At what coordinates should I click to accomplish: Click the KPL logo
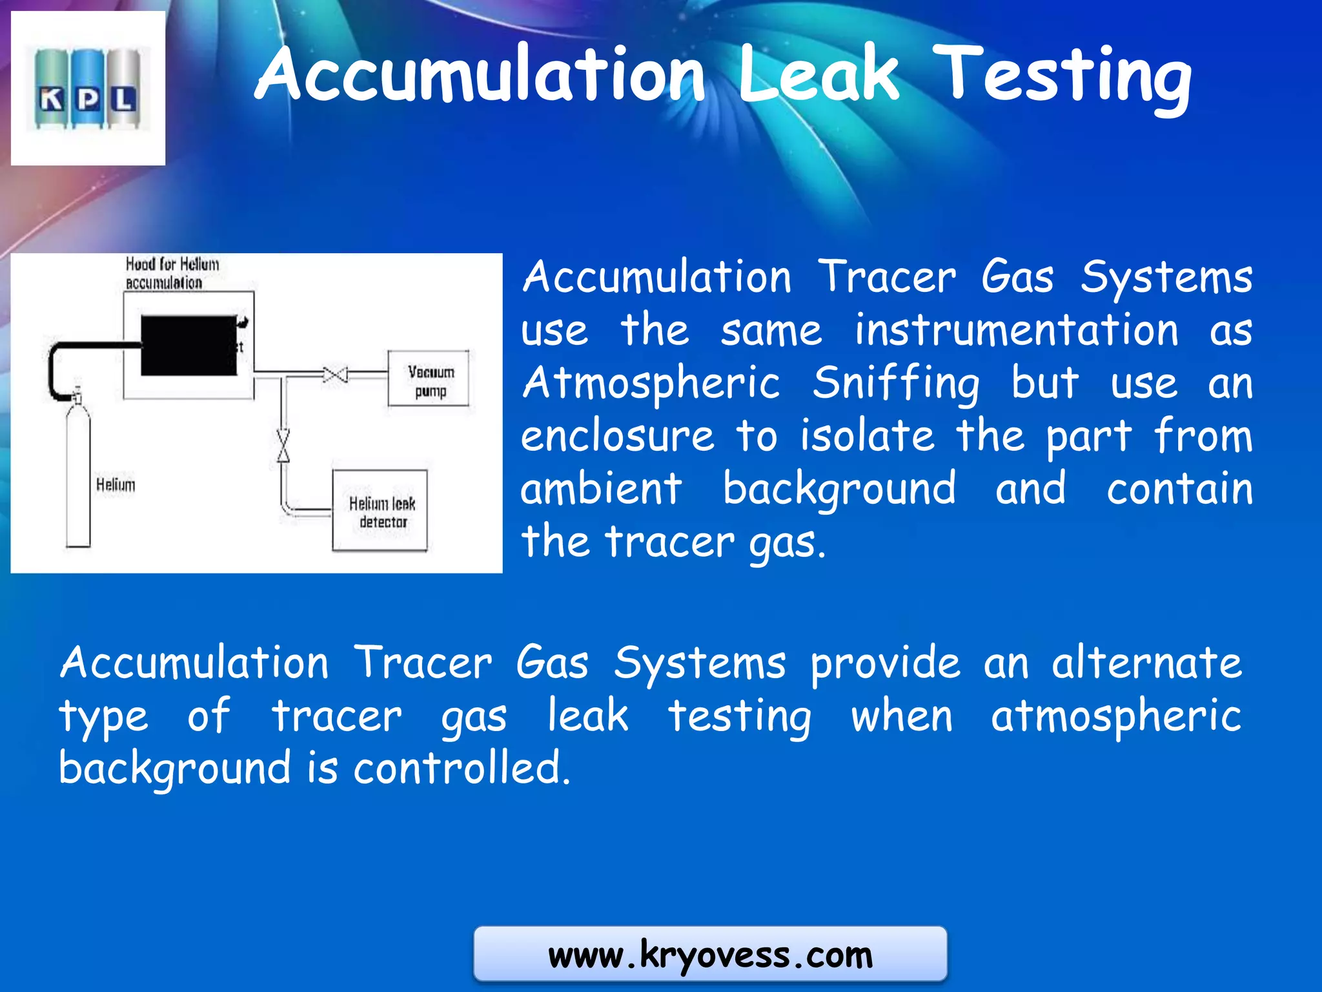(x=88, y=88)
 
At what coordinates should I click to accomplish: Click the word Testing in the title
(x=1062, y=76)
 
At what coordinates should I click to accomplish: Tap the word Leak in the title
(x=818, y=74)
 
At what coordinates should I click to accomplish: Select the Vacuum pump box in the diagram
(x=429, y=379)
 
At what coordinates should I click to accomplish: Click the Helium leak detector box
(x=380, y=511)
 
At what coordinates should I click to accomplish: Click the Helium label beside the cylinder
(x=116, y=484)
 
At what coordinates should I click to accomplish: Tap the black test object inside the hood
(x=188, y=346)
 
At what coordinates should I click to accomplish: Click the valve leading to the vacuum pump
(x=335, y=375)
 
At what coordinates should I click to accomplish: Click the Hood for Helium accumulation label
(x=172, y=273)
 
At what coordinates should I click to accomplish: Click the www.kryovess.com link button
(x=710, y=955)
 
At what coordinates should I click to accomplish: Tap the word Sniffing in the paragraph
(x=896, y=383)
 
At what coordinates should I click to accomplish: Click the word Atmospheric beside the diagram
(x=651, y=383)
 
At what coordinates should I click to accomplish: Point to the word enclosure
(x=617, y=436)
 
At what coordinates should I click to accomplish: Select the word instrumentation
(x=1016, y=330)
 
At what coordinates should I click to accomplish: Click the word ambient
(x=601, y=489)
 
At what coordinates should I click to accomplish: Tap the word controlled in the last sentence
(x=462, y=768)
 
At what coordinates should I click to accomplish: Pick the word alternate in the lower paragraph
(x=1146, y=663)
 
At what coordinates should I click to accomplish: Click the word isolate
(x=867, y=436)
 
